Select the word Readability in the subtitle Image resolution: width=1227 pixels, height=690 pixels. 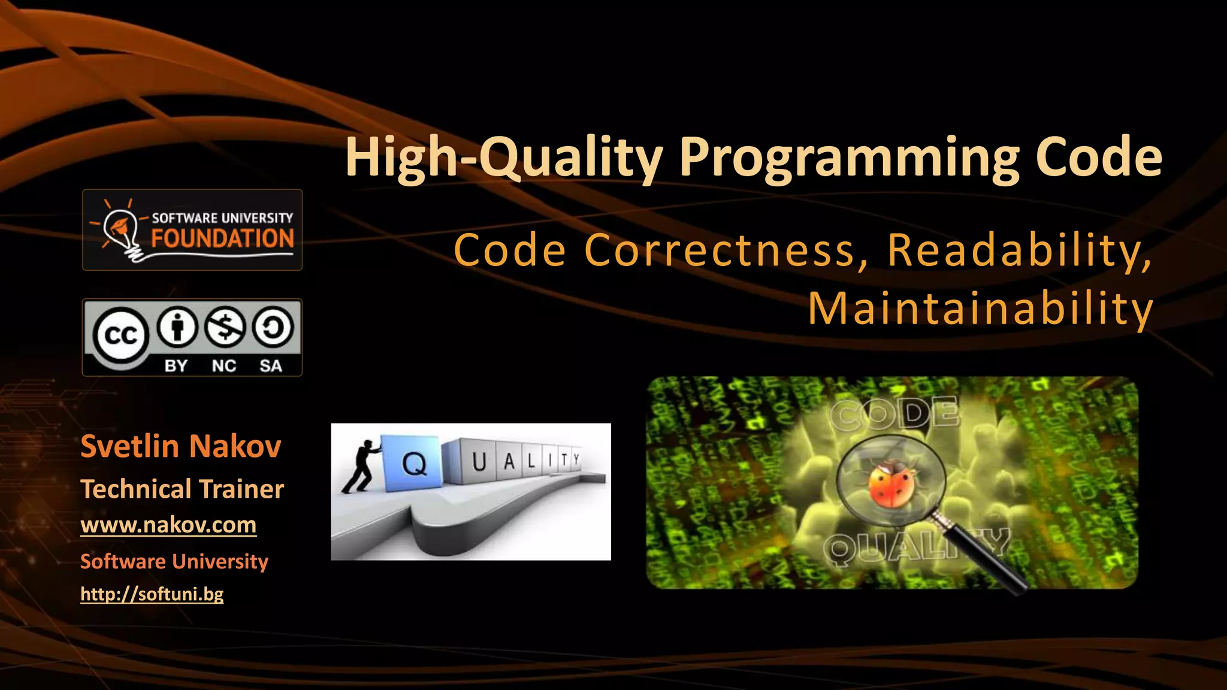coord(1019,250)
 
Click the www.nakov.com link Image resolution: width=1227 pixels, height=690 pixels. coord(168,525)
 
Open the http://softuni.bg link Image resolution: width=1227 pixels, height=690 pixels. coord(152,594)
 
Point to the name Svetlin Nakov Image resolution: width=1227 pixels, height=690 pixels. coord(180,446)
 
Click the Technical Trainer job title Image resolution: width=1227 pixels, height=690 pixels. coord(182,489)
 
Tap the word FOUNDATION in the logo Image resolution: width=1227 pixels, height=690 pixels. coord(222,238)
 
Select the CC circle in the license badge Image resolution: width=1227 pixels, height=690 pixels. coord(120,335)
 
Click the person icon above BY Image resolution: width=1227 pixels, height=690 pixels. coord(176,327)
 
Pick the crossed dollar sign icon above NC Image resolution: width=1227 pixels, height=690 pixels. coord(225,327)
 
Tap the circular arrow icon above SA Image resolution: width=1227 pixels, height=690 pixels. coord(273,327)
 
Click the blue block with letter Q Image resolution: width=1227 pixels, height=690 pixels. coord(413,461)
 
